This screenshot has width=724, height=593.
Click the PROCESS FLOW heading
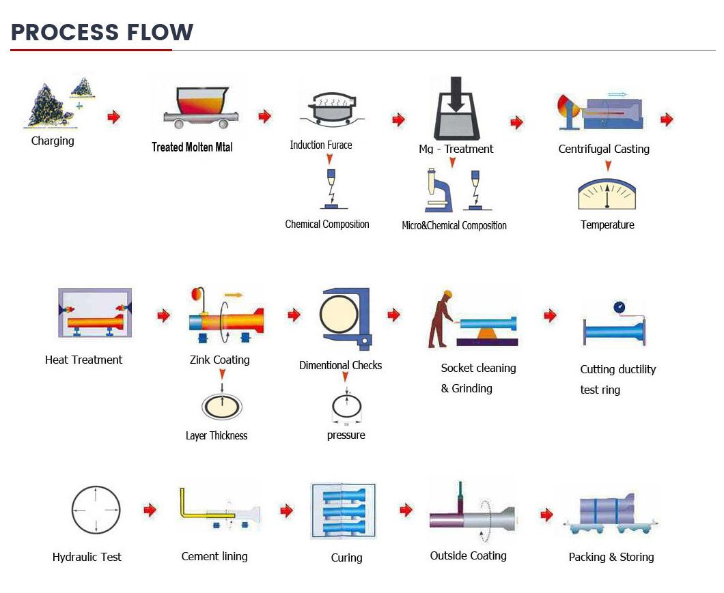(102, 32)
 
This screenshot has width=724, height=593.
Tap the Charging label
(53, 141)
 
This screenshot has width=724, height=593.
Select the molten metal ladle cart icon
(194, 107)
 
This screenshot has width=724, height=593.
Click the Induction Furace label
(321, 145)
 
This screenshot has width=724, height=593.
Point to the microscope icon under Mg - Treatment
(437, 191)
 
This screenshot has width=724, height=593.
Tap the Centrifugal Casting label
(604, 149)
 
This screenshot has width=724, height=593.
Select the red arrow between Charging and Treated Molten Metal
(113, 117)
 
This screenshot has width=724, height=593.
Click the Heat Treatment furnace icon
(94, 313)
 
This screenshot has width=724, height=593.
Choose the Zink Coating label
(219, 360)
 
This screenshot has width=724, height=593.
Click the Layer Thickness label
(217, 435)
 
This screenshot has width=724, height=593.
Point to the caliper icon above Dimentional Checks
(346, 318)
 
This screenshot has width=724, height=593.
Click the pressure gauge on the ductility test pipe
(619, 307)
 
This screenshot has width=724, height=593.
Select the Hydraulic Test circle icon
(96, 510)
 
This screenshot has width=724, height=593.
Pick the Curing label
(346, 558)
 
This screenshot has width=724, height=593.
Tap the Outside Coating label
(469, 555)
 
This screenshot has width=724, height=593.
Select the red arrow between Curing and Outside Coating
(406, 510)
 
